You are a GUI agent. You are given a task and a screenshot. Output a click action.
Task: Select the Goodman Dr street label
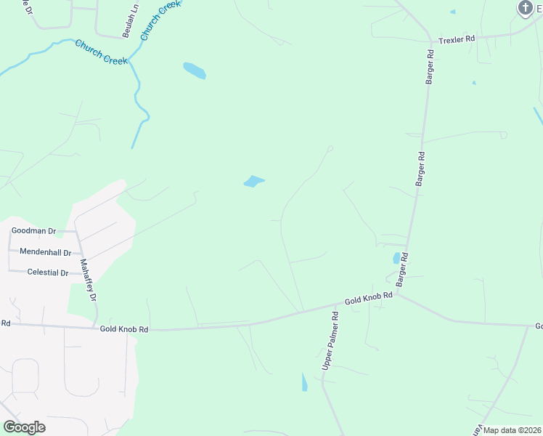click(x=33, y=231)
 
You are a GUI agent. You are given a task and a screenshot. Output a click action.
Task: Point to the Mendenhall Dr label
click(x=45, y=252)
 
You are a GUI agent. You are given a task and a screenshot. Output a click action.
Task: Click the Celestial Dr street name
click(x=47, y=272)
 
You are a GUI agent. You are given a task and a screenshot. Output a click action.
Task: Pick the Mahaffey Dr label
click(x=88, y=280)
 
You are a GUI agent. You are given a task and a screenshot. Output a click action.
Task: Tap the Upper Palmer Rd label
click(x=330, y=341)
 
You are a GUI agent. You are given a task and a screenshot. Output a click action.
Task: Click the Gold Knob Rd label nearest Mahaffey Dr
click(x=124, y=329)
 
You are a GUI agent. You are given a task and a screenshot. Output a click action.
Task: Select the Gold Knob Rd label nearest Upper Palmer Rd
click(x=368, y=298)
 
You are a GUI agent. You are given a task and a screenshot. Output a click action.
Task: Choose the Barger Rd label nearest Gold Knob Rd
click(x=402, y=268)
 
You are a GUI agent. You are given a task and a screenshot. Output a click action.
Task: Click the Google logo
click(x=24, y=427)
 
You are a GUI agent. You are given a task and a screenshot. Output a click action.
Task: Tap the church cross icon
click(x=525, y=8)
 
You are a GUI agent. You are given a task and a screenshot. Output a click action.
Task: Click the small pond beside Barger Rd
click(x=396, y=258)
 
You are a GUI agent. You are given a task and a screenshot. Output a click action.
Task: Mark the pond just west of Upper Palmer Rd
click(x=304, y=381)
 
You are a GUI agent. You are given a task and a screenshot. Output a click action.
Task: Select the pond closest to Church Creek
click(x=194, y=70)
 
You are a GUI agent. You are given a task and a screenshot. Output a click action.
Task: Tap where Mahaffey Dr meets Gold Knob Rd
click(x=95, y=326)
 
